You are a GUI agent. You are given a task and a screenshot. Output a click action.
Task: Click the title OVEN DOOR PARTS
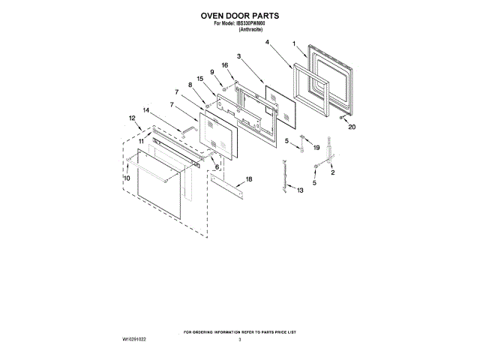point(240,13)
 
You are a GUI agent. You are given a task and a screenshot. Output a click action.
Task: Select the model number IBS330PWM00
point(251,23)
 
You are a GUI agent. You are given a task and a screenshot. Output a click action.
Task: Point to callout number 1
point(295,43)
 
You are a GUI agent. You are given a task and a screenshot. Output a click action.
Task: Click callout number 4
point(268,43)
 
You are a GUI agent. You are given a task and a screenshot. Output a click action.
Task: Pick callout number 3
point(238,56)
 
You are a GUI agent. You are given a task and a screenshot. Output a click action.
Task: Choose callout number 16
point(224,66)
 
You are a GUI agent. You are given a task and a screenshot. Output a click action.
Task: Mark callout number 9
point(212,72)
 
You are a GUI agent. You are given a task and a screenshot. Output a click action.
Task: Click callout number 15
point(200,79)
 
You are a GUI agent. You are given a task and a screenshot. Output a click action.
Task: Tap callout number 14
point(145,110)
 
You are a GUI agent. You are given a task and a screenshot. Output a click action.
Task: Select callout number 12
point(132,118)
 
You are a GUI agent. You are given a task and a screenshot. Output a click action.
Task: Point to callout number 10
point(127,178)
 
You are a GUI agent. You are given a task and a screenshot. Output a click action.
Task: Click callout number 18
point(250,179)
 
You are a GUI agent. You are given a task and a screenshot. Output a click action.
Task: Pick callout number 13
point(301,192)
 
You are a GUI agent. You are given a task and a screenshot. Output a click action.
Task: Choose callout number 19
point(316,148)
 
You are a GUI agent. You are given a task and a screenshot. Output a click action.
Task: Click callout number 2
point(334,173)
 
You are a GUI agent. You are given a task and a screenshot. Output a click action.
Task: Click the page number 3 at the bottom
point(240,340)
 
